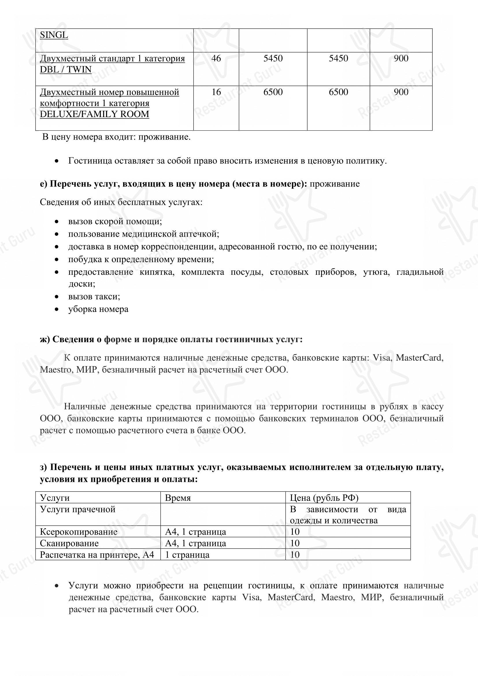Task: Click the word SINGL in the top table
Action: (x=54, y=35)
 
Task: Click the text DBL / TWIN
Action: (x=66, y=69)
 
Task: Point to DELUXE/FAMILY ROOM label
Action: (x=94, y=114)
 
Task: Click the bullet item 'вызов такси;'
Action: (x=94, y=297)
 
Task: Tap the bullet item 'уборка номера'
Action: (x=98, y=309)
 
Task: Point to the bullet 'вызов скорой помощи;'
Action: (x=115, y=221)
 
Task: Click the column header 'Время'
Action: (x=178, y=498)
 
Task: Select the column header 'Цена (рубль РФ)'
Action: (x=324, y=498)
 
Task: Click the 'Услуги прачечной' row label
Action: (x=78, y=509)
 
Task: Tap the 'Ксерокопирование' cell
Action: (x=79, y=532)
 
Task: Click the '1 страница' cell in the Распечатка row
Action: (x=187, y=555)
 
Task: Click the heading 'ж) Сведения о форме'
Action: (x=171, y=339)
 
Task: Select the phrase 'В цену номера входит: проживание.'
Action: (x=116, y=137)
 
